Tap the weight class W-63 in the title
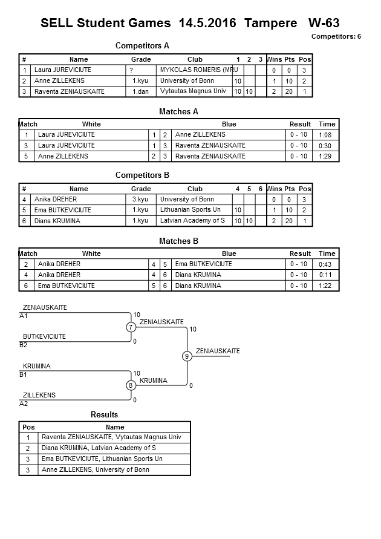(x=324, y=24)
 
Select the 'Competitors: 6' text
(x=336, y=36)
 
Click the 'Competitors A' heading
(x=142, y=45)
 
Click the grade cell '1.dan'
(x=141, y=91)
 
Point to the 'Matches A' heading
(x=178, y=111)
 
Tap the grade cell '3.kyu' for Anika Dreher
(x=140, y=199)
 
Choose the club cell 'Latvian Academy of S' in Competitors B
(x=192, y=221)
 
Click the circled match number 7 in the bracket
(x=131, y=327)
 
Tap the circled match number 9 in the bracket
(x=187, y=356)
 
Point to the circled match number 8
(x=131, y=385)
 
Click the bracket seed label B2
(x=24, y=345)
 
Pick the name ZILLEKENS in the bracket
(x=39, y=395)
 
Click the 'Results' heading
(x=105, y=414)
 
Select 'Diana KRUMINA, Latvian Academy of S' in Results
(x=99, y=448)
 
